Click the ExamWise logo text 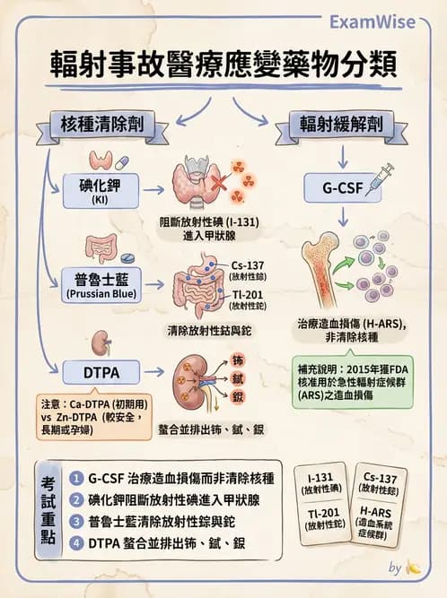point(390,20)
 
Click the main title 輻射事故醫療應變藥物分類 point(223,67)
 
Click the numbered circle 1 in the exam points point(78,478)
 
